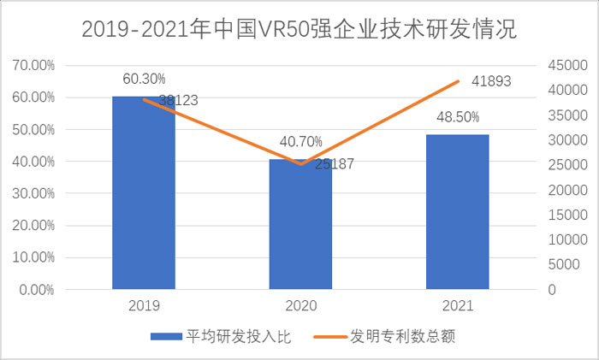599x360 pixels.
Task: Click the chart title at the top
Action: pyautogui.click(x=299, y=30)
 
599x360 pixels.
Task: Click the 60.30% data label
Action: pyautogui.click(x=144, y=79)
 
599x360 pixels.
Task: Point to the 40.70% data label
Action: pyautogui.click(x=300, y=142)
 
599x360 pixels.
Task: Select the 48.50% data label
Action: pyautogui.click(x=458, y=117)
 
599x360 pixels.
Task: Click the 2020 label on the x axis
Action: pyautogui.click(x=300, y=304)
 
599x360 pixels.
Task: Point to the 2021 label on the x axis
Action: pyautogui.click(x=458, y=304)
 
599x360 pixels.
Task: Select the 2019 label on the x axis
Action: pyautogui.click(x=144, y=304)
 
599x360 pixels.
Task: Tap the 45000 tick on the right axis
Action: pyautogui.click(x=566, y=65)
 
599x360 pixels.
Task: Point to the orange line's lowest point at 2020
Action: pyautogui.click(x=300, y=164)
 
